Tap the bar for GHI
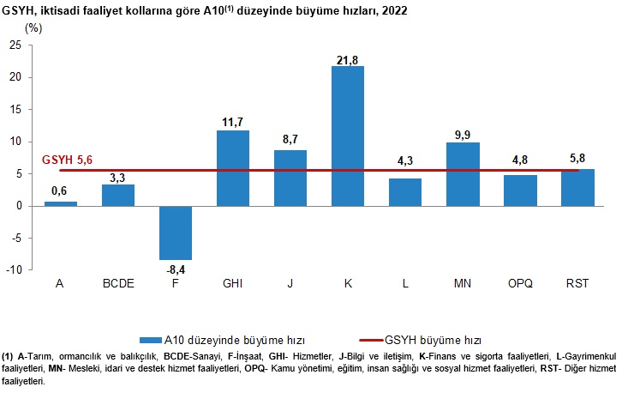pyautogui.click(x=232, y=167)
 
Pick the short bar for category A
pyautogui.click(x=60, y=203)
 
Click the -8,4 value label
pyautogui.click(x=175, y=269)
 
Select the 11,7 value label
pyautogui.click(x=232, y=123)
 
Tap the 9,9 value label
pyautogui.click(x=462, y=135)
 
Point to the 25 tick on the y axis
pyautogui.click(x=15, y=45)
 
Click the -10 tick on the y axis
pyautogui.click(x=13, y=270)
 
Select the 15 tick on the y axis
pyautogui.click(x=15, y=110)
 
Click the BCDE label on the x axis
pyautogui.click(x=117, y=284)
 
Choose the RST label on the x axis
pyautogui.click(x=577, y=284)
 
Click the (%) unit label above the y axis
pyautogui.click(x=33, y=27)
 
